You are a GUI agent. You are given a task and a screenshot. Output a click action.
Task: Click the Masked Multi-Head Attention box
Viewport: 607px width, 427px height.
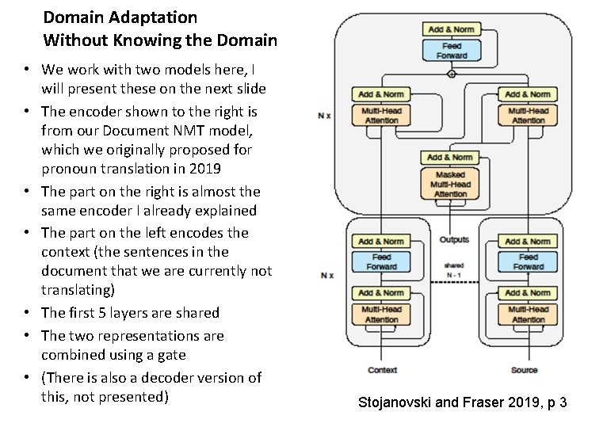click(x=450, y=184)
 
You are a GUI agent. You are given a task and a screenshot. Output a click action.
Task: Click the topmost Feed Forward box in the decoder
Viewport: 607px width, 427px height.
click(x=451, y=51)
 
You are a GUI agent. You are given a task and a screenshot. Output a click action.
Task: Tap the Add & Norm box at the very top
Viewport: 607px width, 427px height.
click(x=451, y=29)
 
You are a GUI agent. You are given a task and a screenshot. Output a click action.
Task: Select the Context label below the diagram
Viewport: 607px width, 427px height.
click(x=382, y=370)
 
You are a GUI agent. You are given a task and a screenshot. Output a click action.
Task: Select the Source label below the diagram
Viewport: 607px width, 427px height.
click(x=524, y=370)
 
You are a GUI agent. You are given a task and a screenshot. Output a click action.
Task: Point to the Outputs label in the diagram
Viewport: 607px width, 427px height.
click(x=454, y=239)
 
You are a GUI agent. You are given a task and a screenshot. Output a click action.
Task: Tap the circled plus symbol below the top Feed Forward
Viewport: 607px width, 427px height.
click(x=452, y=74)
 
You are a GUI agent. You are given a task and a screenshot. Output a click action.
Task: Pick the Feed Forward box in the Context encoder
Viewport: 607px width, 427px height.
click(x=381, y=261)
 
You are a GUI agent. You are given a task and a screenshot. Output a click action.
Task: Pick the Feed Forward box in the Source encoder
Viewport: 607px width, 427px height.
click(x=528, y=261)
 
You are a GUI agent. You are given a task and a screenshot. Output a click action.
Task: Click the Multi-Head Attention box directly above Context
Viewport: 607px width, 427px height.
click(x=381, y=314)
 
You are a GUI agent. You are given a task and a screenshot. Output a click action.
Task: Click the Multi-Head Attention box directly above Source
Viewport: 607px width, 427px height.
click(x=528, y=314)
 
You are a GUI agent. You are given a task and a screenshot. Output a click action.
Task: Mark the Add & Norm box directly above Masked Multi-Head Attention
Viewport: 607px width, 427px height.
click(x=450, y=158)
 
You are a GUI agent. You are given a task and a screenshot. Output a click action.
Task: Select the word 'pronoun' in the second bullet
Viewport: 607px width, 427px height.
click(x=67, y=169)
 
